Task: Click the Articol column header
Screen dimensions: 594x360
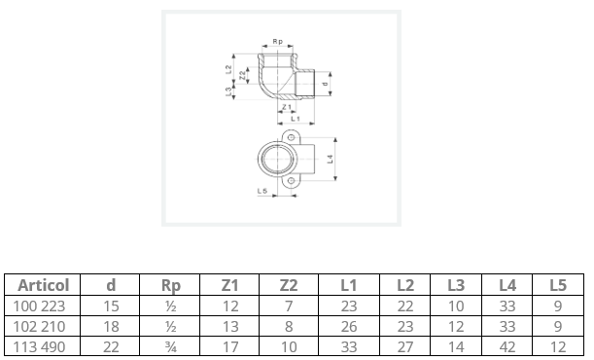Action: coord(44,285)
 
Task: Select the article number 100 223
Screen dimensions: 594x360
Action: coord(40,306)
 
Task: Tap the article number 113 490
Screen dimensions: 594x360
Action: coord(40,347)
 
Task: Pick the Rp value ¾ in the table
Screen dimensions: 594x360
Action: coord(171,347)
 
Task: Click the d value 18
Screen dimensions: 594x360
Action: coord(111,327)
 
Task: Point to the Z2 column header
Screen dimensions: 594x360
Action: coord(289,285)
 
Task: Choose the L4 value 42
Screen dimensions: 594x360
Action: coord(507,347)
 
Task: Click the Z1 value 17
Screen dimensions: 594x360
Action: coord(230,347)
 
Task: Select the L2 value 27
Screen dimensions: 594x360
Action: coord(405,347)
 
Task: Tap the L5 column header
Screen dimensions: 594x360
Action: coord(558,285)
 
